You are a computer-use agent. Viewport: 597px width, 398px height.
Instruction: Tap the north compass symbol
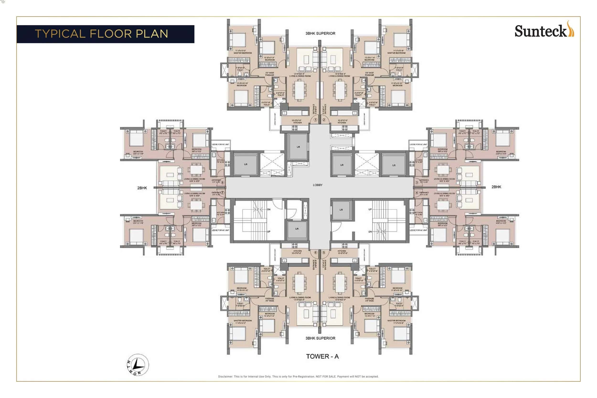tap(138, 365)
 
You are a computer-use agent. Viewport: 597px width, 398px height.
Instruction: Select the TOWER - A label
tap(322, 356)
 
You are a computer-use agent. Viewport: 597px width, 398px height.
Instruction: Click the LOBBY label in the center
tap(317, 185)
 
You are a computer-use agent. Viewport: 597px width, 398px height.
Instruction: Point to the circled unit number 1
tap(315, 119)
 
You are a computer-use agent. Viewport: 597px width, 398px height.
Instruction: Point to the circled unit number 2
tap(324, 119)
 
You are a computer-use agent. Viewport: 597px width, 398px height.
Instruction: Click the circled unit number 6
tap(315, 253)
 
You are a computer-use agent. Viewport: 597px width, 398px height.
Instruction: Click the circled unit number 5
tap(324, 253)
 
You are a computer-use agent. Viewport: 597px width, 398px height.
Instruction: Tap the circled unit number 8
tap(223, 182)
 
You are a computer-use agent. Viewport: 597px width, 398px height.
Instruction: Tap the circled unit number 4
tap(417, 193)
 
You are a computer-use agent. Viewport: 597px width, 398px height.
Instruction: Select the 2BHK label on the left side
tap(142, 188)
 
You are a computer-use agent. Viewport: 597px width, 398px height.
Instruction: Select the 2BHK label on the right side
tap(496, 187)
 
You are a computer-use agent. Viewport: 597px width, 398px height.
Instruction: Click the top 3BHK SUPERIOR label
tap(320, 33)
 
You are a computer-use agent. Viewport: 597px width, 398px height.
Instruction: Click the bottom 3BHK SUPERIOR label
tap(320, 338)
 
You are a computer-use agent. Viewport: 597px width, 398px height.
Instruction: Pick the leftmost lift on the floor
tap(245, 164)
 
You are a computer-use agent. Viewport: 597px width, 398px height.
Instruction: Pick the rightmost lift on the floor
tap(394, 165)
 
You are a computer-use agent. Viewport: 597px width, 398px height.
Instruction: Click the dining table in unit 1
tap(299, 90)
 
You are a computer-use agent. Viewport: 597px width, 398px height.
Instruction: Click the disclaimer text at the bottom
tap(298, 376)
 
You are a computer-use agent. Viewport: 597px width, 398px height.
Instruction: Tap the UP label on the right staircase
tap(370, 210)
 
